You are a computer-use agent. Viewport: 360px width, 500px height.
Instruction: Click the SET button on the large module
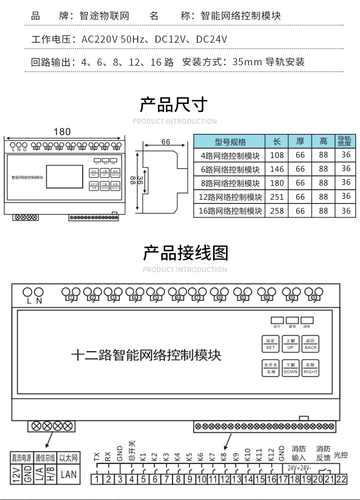271,344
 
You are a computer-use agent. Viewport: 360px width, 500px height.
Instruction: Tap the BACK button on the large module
311,344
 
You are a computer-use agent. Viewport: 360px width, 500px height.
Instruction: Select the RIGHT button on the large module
311,368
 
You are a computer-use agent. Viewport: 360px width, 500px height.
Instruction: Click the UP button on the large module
290,344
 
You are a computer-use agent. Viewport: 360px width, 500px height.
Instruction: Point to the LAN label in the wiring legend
69,475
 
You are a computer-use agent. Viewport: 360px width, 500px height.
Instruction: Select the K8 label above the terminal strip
224,456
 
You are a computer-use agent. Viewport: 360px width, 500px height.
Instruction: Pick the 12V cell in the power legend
16,475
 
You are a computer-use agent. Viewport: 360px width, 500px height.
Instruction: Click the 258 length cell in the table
277,210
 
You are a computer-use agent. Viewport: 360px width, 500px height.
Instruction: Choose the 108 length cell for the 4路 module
277,155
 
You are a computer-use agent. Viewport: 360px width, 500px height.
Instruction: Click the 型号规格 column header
230,142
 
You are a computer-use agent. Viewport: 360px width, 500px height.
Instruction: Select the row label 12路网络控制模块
230,197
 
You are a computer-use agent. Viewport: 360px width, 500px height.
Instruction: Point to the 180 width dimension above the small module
62,131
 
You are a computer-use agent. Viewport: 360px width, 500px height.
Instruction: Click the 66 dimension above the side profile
166,142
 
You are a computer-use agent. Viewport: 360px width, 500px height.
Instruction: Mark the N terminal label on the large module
39,301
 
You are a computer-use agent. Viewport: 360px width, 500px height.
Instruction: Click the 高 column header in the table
324,142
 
